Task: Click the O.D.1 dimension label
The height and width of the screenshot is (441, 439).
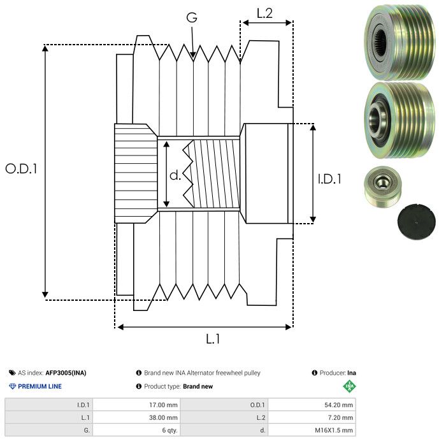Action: pyautogui.click(x=22, y=169)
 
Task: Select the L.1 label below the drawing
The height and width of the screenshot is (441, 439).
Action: pyautogui.click(x=212, y=339)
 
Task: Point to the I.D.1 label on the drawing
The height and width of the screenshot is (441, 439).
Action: pyautogui.click(x=329, y=179)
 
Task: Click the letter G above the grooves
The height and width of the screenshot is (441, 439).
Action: pyautogui.click(x=192, y=18)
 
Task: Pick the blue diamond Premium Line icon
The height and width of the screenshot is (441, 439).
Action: pyautogui.click(x=12, y=386)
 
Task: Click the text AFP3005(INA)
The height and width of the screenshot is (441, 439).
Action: pyautogui.click(x=66, y=373)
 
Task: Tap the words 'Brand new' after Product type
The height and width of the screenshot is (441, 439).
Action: pyautogui.click(x=198, y=386)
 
